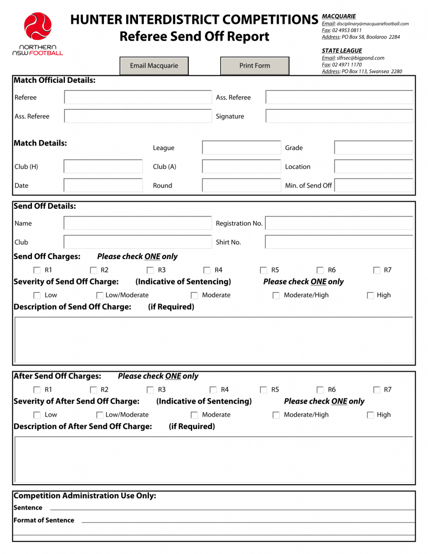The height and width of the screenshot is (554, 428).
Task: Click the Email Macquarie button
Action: (154, 65)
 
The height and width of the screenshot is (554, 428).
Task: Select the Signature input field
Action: (339, 116)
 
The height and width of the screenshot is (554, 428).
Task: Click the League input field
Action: (240, 148)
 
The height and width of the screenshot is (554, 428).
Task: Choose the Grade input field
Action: (373, 148)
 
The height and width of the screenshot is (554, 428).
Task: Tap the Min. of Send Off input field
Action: (373, 186)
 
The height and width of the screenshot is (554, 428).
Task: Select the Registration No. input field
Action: (339, 223)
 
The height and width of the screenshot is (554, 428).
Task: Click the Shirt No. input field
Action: (339, 242)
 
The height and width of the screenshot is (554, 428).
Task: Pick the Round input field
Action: (240, 186)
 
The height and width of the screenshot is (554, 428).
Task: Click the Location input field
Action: (373, 167)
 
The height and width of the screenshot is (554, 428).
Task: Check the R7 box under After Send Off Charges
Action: (377, 390)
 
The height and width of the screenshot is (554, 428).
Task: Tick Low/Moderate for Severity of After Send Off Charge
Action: (100, 415)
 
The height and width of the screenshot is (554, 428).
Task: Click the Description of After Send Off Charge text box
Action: (214, 460)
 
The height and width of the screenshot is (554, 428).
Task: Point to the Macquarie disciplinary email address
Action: (372, 24)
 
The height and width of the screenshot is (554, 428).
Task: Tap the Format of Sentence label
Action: (44, 520)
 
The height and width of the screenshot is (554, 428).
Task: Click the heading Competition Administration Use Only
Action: (84, 496)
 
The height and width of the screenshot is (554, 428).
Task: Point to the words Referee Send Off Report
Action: (194, 37)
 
